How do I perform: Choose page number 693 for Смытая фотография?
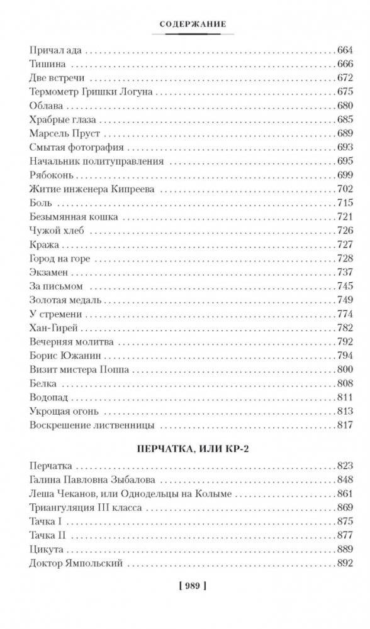tap(345, 147)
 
